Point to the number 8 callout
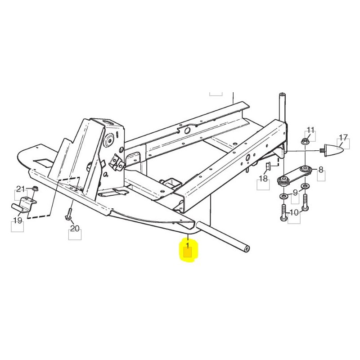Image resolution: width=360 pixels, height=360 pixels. coord(320,170)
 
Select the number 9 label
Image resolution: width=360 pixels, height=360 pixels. coord(295,193)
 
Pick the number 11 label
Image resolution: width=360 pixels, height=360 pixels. coord(310,130)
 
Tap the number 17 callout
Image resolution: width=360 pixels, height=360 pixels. coord(343,137)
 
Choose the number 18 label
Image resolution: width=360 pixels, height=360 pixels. coord(263,179)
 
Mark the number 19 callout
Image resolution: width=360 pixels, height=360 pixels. coord(18,220)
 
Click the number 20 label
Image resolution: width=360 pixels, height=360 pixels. coord(75,229)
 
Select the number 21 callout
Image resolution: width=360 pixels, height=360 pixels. coord(21,189)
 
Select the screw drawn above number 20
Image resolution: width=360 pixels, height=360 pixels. coord(70,214)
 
